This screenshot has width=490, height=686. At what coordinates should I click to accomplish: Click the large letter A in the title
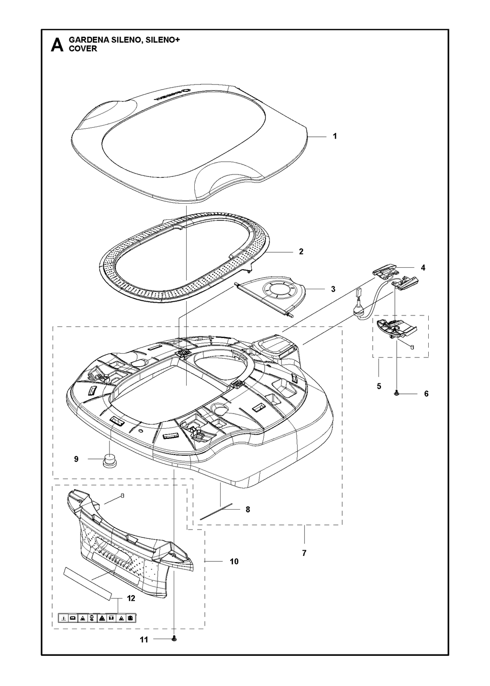click(x=57, y=45)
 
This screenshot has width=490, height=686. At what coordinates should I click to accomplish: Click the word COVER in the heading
click(x=83, y=49)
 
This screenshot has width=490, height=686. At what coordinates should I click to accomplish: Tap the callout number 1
click(x=335, y=136)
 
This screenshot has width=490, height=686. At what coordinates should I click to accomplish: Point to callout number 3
click(x=333, y=289)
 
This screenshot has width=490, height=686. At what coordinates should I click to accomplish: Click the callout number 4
click(x=423, y=268)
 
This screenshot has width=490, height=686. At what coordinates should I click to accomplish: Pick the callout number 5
click(x=379, y=386)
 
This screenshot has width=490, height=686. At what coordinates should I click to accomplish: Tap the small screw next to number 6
click(x=397, y=393)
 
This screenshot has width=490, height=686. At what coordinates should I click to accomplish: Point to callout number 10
click(x=234, y=562)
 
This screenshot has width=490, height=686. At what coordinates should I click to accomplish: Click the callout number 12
click(x=131, y=607)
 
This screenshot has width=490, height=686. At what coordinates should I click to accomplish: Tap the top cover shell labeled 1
click(x=189, y=144)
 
